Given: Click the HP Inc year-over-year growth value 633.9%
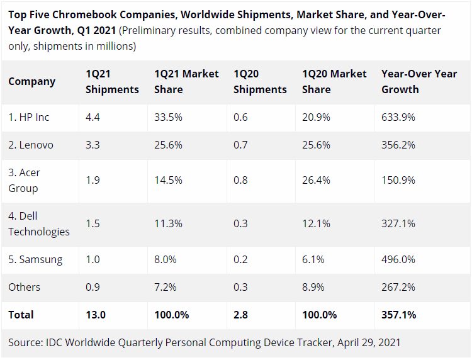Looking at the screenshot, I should (x=398, y=117).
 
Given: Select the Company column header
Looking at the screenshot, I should (x=32, y=81).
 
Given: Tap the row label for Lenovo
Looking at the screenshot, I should (x=31, y=145).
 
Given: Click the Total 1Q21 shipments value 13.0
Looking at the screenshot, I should (x=96, y=315).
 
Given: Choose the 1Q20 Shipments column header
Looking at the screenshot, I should (x=260, y=81).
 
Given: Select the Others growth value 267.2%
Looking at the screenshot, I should (x=398, y=287).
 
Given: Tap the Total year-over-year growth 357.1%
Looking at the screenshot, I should (x=398, y=315).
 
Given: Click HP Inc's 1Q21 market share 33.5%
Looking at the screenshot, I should (x=168, y=117).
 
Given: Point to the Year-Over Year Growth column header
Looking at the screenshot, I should (x=419, y=81).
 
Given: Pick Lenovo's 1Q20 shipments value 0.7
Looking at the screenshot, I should (x=240, y=145).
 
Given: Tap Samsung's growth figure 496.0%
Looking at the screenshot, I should (x=398, y=259).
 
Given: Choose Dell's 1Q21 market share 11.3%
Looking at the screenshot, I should (x=168, y=223).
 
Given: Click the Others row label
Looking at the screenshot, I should (x=24, y=287).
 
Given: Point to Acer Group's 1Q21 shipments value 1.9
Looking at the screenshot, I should (x=93, y=180).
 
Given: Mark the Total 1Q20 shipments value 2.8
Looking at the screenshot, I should (x=241, y=315).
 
